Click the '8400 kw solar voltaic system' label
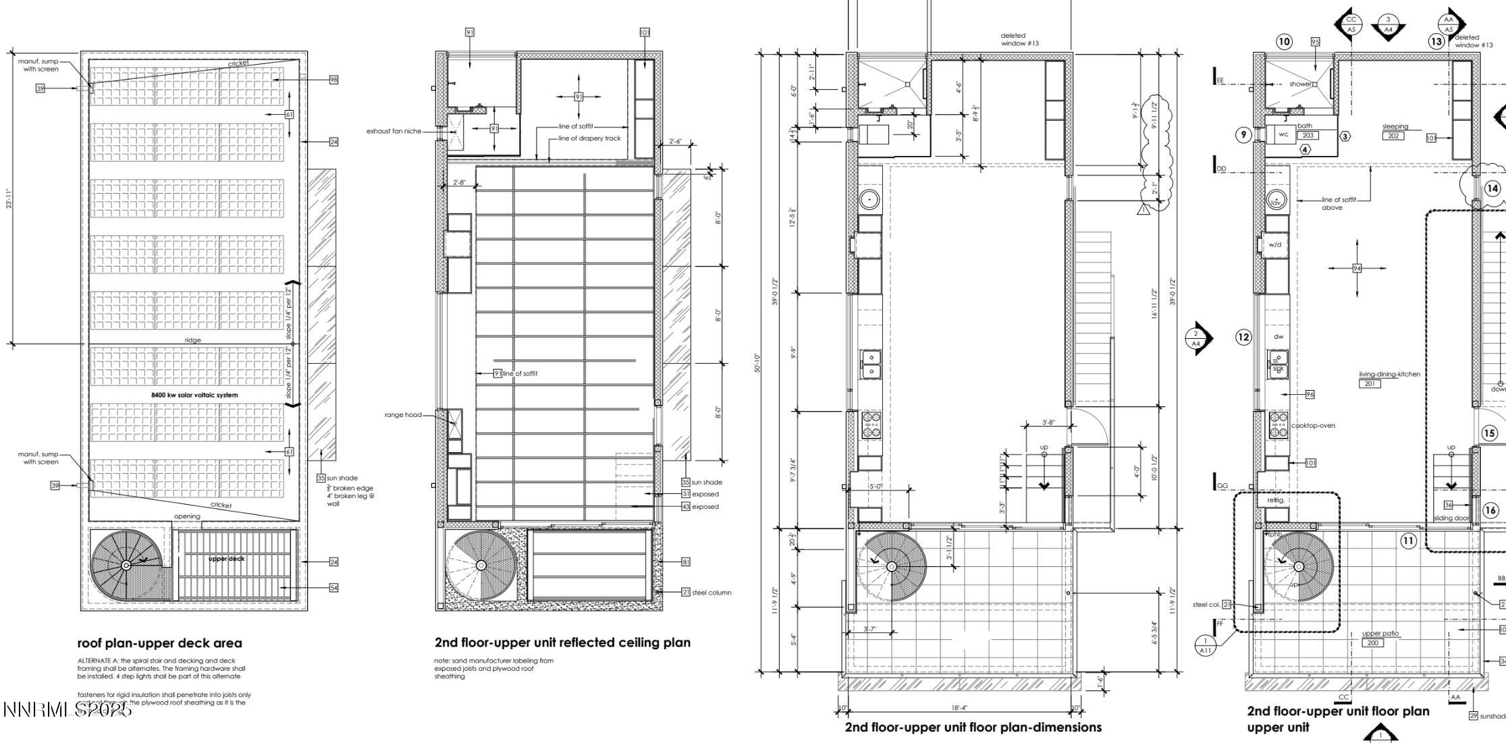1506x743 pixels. (x=194, y=395)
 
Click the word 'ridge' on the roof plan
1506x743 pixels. (x=192, y=340)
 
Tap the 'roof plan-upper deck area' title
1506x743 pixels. (x=159, y=643)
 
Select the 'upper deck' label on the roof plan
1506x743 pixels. (x=227, y=559)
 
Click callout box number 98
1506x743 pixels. (x=333, y=80)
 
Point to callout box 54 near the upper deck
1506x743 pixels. (x=333, y=588)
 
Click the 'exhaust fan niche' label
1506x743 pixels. (x=393, y=131)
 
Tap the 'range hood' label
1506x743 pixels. (x=403, y=415)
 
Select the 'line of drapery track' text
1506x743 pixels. (x=589, y=138)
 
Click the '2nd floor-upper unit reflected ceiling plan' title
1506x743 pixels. (x=562, y=642)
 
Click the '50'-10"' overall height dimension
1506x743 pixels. (x=758, y=363)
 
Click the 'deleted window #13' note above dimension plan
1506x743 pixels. (x=1019, y=39)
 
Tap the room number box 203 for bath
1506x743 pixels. (x=1308, y=136)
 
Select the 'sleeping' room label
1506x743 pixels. (x=1395, y=126)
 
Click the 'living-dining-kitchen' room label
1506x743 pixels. (x=1389, y=375)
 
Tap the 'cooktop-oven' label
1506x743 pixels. (x=1313, y=426)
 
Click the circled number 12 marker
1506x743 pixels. (x=1243, y=337)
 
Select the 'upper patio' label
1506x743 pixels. (x=1380, y=633)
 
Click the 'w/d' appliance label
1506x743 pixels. (x=1274, y=245)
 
